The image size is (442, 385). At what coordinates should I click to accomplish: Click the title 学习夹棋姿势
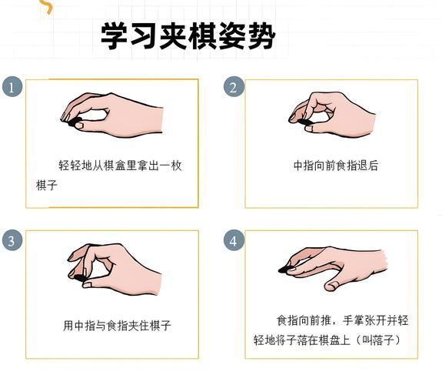(188, 35)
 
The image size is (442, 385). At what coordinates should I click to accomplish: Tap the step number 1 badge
(11, 87)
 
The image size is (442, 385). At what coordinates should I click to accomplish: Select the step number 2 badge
(234, 87)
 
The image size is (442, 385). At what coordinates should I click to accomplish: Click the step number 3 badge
(11, 240)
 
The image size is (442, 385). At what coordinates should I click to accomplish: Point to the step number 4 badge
(234, 240)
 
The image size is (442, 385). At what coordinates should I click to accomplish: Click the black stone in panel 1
(75, 123)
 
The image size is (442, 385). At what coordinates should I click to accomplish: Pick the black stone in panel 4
(286, 269)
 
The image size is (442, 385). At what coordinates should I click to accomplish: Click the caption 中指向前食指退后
(336, 166)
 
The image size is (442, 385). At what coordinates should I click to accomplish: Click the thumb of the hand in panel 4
(334, 286)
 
